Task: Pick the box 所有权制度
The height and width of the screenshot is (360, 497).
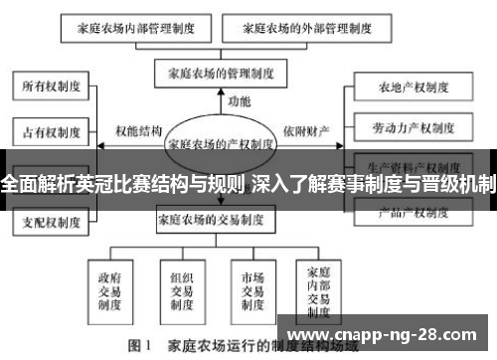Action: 47,88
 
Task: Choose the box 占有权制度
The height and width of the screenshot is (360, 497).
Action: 47,130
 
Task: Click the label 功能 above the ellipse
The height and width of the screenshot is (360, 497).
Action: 240,101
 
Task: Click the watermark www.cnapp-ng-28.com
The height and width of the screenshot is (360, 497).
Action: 385,334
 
